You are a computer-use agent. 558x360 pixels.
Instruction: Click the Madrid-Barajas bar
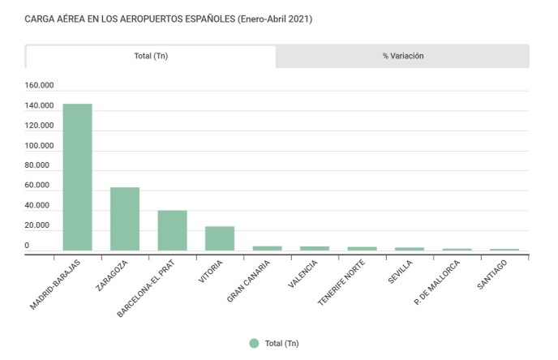(78, 178)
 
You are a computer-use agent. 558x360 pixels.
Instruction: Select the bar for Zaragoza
(125, 219)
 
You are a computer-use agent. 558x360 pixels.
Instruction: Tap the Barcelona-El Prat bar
(172, 230)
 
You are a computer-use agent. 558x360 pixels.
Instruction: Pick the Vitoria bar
(220, 238)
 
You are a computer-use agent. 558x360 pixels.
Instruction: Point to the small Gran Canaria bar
(267, 248)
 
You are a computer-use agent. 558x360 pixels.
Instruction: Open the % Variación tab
(403, 56)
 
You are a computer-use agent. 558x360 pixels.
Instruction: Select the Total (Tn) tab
(151, 56)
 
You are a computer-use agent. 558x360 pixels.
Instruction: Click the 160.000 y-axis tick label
(39, 86)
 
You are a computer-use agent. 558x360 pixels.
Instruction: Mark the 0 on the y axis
(27, 245)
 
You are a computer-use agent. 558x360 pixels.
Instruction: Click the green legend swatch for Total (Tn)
(254, 344)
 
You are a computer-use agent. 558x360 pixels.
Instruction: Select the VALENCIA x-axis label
(303, 274)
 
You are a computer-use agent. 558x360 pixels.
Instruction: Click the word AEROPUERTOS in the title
(130, 18)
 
